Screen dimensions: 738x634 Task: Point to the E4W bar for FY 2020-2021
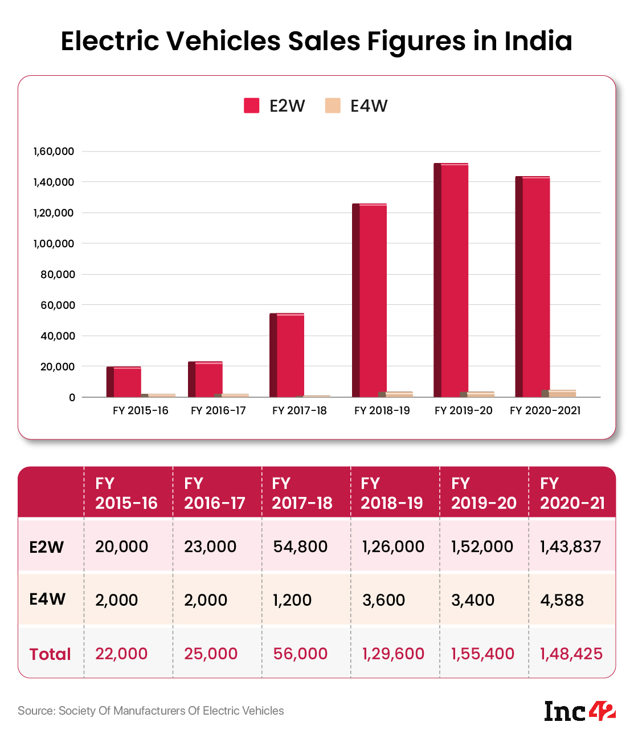[x=562, y=393]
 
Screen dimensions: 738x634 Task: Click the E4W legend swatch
[x=333, y=106]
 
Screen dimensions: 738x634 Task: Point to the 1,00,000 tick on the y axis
[x=54, y=244]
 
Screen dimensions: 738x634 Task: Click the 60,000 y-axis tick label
[x=58, y=305]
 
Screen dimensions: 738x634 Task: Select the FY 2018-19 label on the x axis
[x=382, y=411]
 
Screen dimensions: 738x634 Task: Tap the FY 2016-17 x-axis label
[x=218, y=411]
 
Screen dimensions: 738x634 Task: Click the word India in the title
[x=538, y=41]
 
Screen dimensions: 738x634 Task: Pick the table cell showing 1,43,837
[x=570, y=547]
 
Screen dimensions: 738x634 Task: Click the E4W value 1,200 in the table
[x=292, y=600]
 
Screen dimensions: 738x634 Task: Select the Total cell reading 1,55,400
[x=482, y=654]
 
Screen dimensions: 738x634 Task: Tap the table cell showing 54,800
[x=300, y=547]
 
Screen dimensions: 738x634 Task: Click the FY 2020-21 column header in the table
[x=572, y=493]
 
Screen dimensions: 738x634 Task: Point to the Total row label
[x=50, y=654]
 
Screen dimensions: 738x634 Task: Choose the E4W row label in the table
[x=47, y=599]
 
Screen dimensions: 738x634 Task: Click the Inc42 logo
[x=580, y=711]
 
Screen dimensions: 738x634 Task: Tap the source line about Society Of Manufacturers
[x=151, y=711]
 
